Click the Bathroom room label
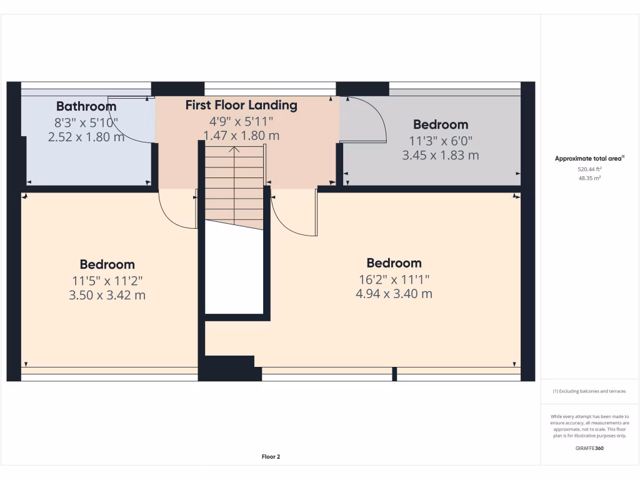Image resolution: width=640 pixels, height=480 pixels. pyautogui.click(x=86, y=106)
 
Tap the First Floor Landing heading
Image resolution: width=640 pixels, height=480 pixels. pyautogui.click(x=241, y=105)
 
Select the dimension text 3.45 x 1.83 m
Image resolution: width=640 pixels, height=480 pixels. pyautogui.click(x=440, y=155)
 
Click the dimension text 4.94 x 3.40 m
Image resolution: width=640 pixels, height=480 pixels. pyautogui.click(x=394, y=294)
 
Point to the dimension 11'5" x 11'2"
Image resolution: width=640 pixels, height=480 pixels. pyautogui.click(x=107, y=281)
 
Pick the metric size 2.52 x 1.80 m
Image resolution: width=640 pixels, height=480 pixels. pyautogui.click(x=86, y=136)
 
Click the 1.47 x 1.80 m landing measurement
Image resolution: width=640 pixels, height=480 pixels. pyautogui.click(x=241, y=135)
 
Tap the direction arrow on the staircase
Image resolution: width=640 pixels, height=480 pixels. pyautogui.click(x=234, y=150)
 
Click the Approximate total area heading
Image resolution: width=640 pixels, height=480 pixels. pyautogui.click(x=589, y=159)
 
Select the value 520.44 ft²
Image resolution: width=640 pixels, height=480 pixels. pyautogui.click(x=589, y=169)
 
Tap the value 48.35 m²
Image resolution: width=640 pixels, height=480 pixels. pyautogui.click(x=589, y=178)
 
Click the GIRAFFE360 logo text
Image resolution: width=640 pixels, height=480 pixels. pyautogui.click(x=589, y=447)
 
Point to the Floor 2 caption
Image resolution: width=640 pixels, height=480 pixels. pyautogui.click(x=271, y=457)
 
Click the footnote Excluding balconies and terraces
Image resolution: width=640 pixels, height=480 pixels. pyautogui.click(x=589, y=391)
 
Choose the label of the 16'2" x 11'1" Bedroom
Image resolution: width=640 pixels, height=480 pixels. pyautogui.click(x=394, y=263)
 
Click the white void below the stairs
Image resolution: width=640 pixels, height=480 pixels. pyautogui.click(x=234, y=272)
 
